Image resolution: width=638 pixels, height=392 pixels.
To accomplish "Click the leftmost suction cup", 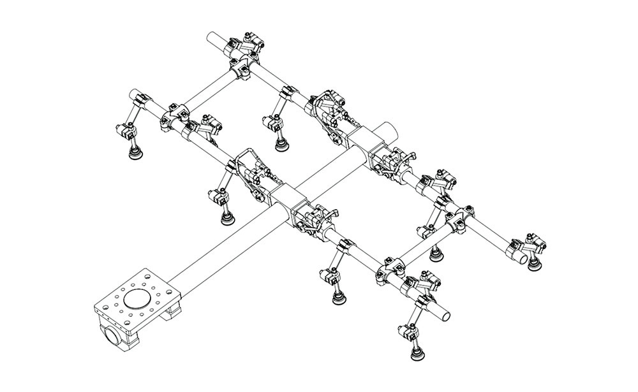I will [136, 153].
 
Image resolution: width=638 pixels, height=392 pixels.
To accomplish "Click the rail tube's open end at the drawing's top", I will [213, 38].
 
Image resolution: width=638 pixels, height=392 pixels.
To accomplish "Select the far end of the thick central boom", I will [391, 130].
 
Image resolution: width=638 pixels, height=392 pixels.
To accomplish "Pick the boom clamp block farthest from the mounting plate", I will [362, 138].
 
